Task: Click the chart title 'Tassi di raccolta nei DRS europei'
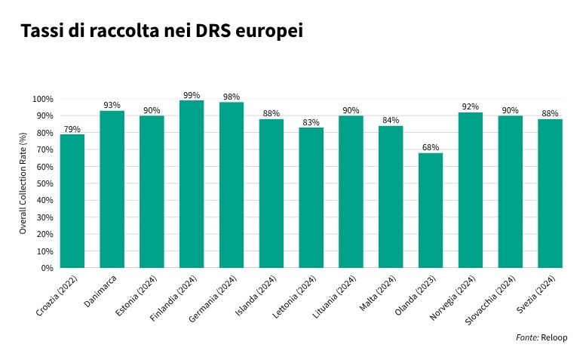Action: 161,32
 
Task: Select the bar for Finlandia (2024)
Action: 192,184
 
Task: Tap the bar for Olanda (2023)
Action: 431,211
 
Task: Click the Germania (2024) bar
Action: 232,185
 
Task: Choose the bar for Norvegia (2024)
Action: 471,190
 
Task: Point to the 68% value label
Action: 431,147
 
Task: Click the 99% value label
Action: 192,95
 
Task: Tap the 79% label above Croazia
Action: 72,129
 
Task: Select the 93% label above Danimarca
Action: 112,105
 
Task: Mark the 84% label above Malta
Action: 391,120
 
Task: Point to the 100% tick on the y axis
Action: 43,99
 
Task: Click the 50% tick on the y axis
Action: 44,183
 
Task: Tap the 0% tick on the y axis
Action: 47,268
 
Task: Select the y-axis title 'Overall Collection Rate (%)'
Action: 23,183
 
